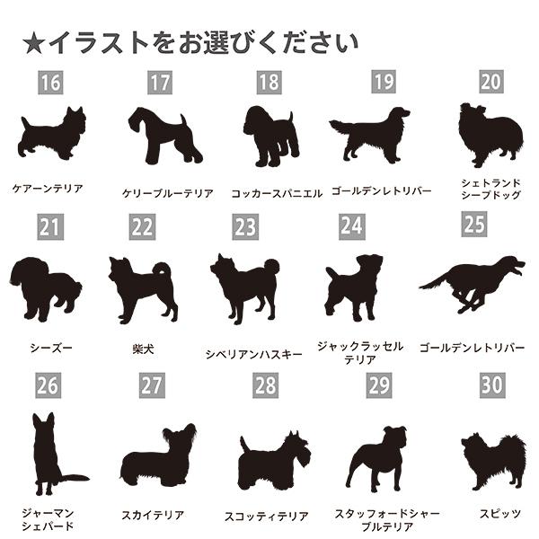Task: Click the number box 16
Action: click(50, 83)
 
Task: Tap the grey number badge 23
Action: click(245, 226)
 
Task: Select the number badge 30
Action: click(492, 384)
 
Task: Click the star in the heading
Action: click(34, 43)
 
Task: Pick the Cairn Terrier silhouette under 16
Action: click(51, 133)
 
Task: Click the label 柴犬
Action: click(143, 349)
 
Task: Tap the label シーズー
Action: click(51, 348)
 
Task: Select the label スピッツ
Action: click(499, 514)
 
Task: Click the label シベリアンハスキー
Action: click(253, 354)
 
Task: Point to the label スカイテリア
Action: click(153, 515)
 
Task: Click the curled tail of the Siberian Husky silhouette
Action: click(271, 267)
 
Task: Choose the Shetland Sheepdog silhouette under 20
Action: click(490, 135)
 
